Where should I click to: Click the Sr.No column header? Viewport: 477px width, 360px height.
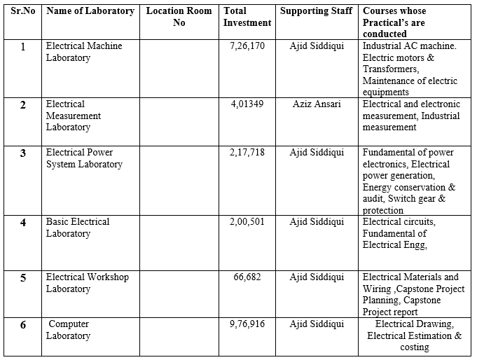pyautogui.click(x=22, y=11)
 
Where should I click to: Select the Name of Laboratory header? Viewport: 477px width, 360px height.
pyautogui.click(x=90, y=11)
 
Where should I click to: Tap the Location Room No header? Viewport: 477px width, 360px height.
pyautogui.click(x=179, y=17)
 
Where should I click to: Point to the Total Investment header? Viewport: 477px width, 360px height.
pyautogui.click(x=247, y=17)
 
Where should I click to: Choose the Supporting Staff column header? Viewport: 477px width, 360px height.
pyautogui.click(x=317, y=11)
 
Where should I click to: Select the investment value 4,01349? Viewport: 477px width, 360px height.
pyautogui.click(x=247, y=104)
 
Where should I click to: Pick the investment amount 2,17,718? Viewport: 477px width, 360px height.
pyautogui.click(x=247, y=153)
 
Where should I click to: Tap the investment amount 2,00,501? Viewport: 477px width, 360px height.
pyautogui.click(x=247, y=222)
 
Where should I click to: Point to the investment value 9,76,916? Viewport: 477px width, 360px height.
pyautogui.click(x=247, y=324)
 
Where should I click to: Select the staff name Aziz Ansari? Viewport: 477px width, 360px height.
pyautogui.click(x=317, y=104)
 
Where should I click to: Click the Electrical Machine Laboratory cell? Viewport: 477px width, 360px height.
pyautogui.click(x=84, y=52)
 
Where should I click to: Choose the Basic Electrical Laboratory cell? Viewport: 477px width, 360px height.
pyautogui.click(x=78, y=228)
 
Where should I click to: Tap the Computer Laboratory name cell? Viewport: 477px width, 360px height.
pyautogui.click(x=69, y=330)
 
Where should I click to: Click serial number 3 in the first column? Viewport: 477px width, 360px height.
pyautogui.click(x=23, y=153)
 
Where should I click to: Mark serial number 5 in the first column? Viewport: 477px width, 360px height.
pyautogui.click(x=23, y=278)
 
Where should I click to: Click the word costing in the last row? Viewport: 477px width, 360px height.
pyautogui.click(x=414, y=347)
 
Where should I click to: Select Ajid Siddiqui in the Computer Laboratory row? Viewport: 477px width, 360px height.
pyautogui.click(x=317, y=324)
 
